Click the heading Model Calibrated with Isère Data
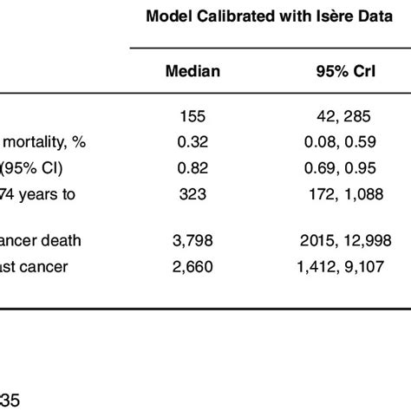pos(270,17)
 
